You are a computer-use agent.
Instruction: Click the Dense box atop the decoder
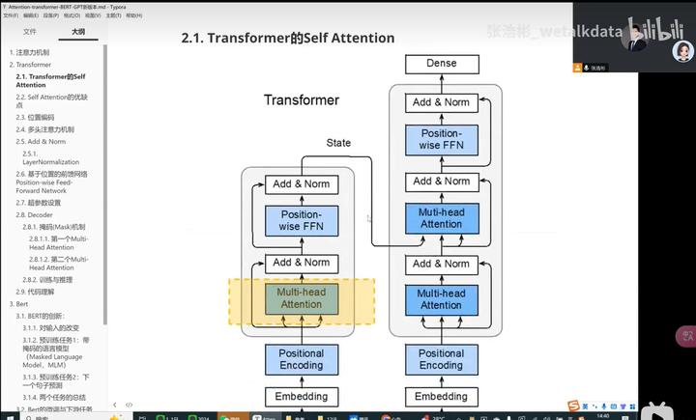tap(441, 65)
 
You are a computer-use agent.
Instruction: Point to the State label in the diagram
tap(338, 143)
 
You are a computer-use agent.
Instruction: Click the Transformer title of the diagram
tap(302, 100)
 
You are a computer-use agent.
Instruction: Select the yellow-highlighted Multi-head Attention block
tap(302, 298)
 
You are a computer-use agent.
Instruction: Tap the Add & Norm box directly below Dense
tap(441, 102)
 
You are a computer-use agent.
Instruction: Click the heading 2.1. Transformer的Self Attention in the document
tap(288, 38)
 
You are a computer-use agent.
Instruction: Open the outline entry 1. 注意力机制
tap(32, 51)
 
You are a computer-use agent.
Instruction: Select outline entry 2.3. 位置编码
tap(35, 117)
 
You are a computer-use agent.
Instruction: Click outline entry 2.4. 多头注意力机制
tap(44, 128)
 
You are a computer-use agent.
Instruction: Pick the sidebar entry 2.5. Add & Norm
tap(41, 141)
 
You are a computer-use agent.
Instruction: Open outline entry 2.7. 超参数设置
tap(39, 203)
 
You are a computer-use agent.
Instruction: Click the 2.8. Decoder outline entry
tap(36, 214)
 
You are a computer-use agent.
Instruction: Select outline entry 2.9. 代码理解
tap(35, 291)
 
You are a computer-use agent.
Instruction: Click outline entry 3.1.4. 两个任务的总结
tap(58, 397)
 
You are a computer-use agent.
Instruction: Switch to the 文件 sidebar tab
tap(30, 32)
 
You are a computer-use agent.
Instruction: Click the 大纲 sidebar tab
tap(76, 32)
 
